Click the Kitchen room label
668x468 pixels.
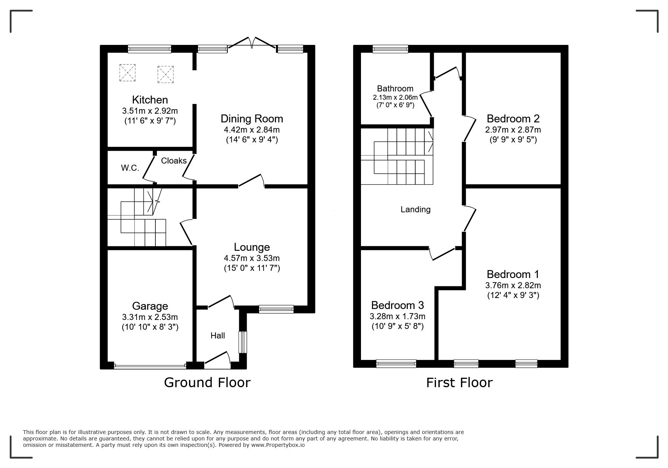pos(150,100)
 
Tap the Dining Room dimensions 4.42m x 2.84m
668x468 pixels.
pos(252,130)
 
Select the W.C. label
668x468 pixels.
pos(130,168)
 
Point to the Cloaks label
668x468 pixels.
pos(174,161)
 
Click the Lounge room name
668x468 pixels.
pos(252,247)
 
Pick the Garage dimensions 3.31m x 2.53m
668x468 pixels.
pos(150,317)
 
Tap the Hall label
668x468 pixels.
pos(218,335)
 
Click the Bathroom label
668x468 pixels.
pos(395,88)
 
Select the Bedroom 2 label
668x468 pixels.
pos(513,119)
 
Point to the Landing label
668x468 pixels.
pos(415,209)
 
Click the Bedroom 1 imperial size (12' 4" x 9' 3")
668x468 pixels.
pos(513,295)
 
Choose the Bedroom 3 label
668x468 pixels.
pos(398,305)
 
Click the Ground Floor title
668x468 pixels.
pos(207,383)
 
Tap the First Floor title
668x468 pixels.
pos(459,383)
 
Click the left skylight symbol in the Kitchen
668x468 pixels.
pos(127,73)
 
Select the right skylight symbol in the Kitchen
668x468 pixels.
pos(165,74)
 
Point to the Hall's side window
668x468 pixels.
pos(243,342)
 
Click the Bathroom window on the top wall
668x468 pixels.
pos(390,49)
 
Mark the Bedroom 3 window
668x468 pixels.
pos(396,363)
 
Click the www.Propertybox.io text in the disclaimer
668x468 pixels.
pos(278,445)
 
